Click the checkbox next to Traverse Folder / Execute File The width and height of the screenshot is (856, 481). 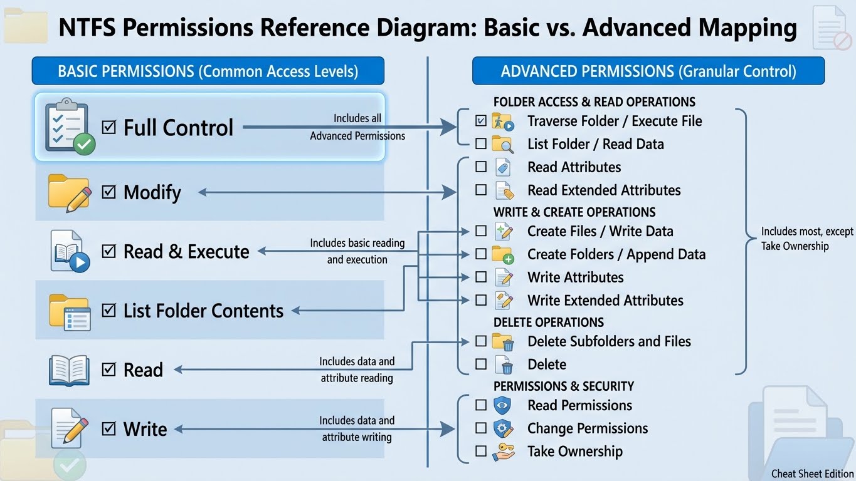pos(481,121)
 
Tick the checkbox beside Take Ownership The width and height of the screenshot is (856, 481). pos(481,451)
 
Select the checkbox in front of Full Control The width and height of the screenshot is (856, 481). pos(109,128)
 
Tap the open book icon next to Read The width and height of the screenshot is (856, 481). pos(69,370)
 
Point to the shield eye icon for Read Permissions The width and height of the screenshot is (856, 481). pos(503,405)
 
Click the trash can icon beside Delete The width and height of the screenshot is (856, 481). pos(504,365)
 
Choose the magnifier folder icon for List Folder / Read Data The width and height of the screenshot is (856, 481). pos(503,144)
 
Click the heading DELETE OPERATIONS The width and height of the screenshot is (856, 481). pos(549,323)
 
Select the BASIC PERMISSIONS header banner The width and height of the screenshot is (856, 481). pos(208,71)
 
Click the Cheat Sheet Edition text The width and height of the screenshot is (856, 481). pos(813,473)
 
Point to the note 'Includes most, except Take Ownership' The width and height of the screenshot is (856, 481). pos(807,239)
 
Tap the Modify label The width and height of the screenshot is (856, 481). pos(152,192)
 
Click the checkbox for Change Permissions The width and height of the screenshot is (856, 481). pos(481,428)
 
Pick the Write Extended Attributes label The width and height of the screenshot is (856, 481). pos(605,300)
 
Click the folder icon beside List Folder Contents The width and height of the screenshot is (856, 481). pos(70,311)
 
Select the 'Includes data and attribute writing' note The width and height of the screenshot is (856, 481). pos(357,428)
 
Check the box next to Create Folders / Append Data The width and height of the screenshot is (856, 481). pos(481,254)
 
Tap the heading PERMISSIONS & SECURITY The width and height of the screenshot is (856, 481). pos(564,386)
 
